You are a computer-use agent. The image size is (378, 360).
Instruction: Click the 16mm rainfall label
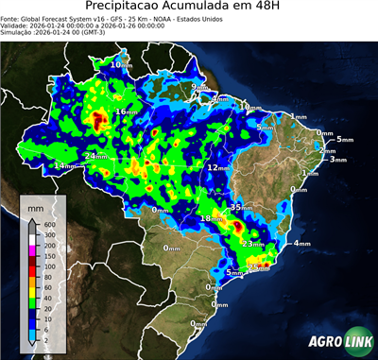[125, 111]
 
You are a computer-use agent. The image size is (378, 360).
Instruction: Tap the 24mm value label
[94, 155]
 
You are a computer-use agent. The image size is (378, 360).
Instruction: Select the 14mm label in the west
[64, 166]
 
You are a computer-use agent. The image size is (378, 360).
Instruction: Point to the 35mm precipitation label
[241, 207]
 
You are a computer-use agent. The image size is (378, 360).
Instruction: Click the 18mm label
[211, 219]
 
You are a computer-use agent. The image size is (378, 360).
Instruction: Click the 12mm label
[217, 167]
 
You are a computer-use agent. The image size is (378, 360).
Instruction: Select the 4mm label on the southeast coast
[302, 244]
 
